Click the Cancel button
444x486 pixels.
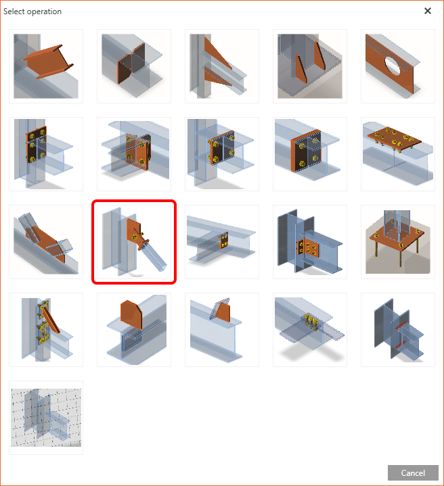413,472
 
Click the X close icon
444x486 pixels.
428,11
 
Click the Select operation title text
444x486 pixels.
32,11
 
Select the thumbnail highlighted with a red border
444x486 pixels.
134,242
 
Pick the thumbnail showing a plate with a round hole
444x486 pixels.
398,66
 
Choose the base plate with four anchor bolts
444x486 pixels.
398,242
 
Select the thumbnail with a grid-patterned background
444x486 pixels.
46,418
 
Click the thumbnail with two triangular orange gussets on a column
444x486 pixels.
222,66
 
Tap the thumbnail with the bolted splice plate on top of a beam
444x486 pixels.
398,154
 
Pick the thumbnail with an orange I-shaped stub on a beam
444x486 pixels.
46,66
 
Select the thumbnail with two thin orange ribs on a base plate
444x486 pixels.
310,66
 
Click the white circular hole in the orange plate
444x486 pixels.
393,66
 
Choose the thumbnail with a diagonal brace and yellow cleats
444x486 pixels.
46,330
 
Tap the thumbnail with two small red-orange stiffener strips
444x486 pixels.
398,330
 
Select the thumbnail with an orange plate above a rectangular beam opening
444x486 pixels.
134,330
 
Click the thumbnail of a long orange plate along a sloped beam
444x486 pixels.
46,242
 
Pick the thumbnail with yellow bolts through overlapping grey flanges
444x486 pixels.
310,330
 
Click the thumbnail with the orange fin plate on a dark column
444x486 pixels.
310,242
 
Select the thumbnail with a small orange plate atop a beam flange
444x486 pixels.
222,330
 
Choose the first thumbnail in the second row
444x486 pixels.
46,154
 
